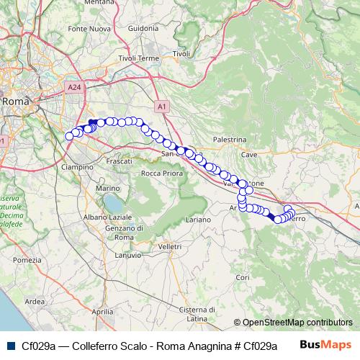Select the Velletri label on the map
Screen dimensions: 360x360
coord(170,246)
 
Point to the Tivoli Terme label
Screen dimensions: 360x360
coord(138,58)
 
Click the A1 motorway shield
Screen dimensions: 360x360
coord(162,107)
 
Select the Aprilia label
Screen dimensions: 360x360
coord(103,311)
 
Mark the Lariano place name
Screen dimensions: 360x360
coord(197,219)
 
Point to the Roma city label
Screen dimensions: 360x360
coord(16,102)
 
